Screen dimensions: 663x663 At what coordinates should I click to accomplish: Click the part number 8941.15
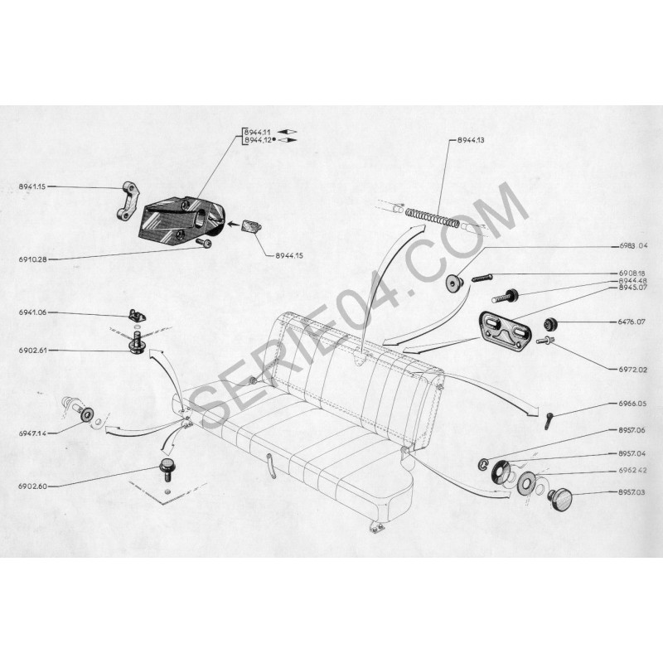pyautogui.click(x=32, y=186)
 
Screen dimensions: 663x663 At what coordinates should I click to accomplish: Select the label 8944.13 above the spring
pyautogui.click(x=471, y=140)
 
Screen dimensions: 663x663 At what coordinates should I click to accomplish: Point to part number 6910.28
pyautogui.click(x=32, y=259)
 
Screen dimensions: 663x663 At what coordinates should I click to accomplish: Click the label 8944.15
pyautogui.click(x=289, y=255)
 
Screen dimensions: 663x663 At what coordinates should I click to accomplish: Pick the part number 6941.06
pyautogui.click(x=32, y=312)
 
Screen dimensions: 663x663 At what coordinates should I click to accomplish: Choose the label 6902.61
pyautogui.click(x=32, y=351)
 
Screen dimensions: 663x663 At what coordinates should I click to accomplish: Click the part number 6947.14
pyautogui.click(x=32, y=433)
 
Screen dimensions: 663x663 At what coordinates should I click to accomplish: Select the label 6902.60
pyautogui.click(x=32, y=486)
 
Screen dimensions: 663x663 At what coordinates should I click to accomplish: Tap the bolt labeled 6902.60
pyautogui.click(x=166, y=469)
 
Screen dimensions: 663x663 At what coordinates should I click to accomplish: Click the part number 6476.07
pyautogui.click(x=632, y=322)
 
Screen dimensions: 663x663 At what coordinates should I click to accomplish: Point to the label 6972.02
pyautogui.click(x=633, y=370)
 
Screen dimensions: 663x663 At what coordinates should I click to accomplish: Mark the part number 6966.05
pyautogui.click(x=632, y=404)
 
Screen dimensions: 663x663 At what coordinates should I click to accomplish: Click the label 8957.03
pyautogui.click(x=632, y=492)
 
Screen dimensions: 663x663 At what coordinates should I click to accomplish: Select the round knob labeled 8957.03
pyautogui.click(x=560, y=500)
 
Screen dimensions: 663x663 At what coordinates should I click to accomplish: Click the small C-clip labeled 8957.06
pyautogui.click(x=484, y=464)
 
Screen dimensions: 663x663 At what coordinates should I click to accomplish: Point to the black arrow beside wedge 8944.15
pyautogui.click(x=233, y=224)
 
